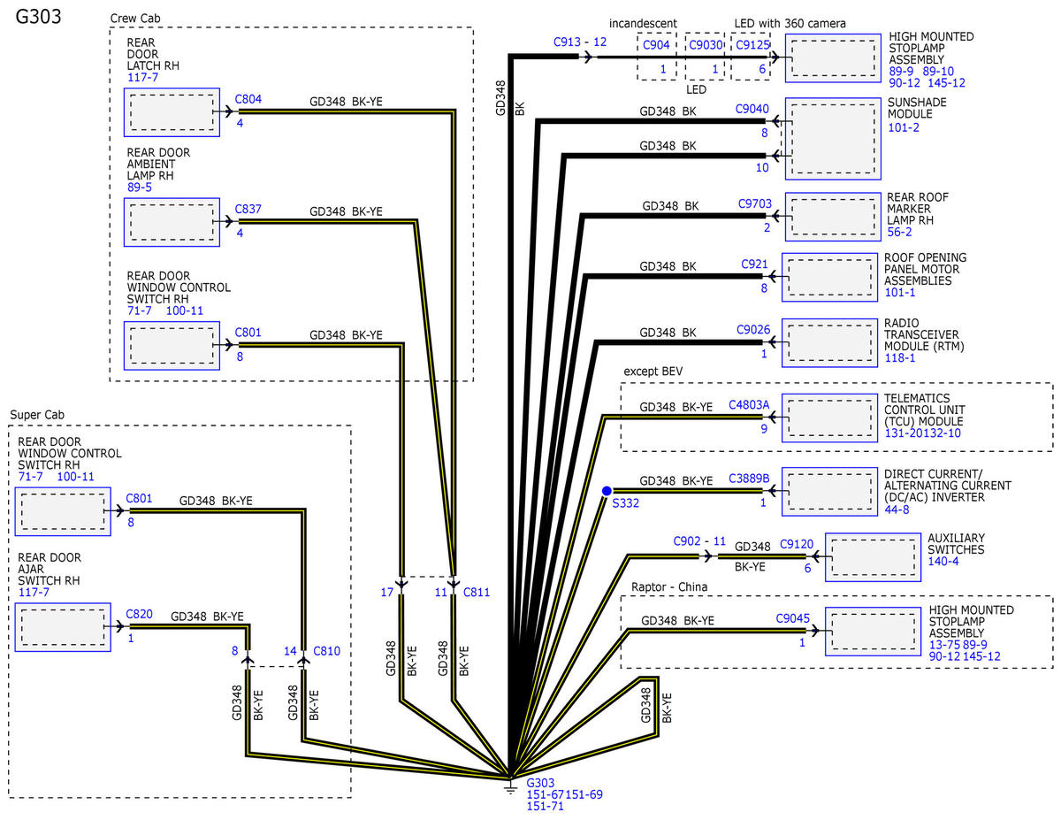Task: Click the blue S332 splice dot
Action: coord(607,491)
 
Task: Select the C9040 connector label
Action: coord(752,109)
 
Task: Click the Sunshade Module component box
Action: coord(833,139)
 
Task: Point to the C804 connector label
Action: coord(248,99)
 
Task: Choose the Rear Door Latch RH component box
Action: coord(172,112)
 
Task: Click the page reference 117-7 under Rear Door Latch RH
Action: coord(142,77)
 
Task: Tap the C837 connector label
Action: coord(248,209)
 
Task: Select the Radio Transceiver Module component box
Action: coord(829,343)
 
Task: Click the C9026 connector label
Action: coord(753,330)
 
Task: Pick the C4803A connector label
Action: coord(749,405)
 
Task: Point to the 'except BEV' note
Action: coord(653,372)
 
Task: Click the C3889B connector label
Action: coord(749,479)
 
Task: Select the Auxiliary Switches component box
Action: coord(873,557)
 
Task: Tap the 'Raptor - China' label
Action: coord(669,586)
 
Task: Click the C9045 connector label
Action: coord(792,618)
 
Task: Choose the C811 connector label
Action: coord(476,593)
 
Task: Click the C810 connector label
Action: coord(326,651)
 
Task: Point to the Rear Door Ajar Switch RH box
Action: coord(63,627)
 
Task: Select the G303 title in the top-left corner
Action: coord(39,17)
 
